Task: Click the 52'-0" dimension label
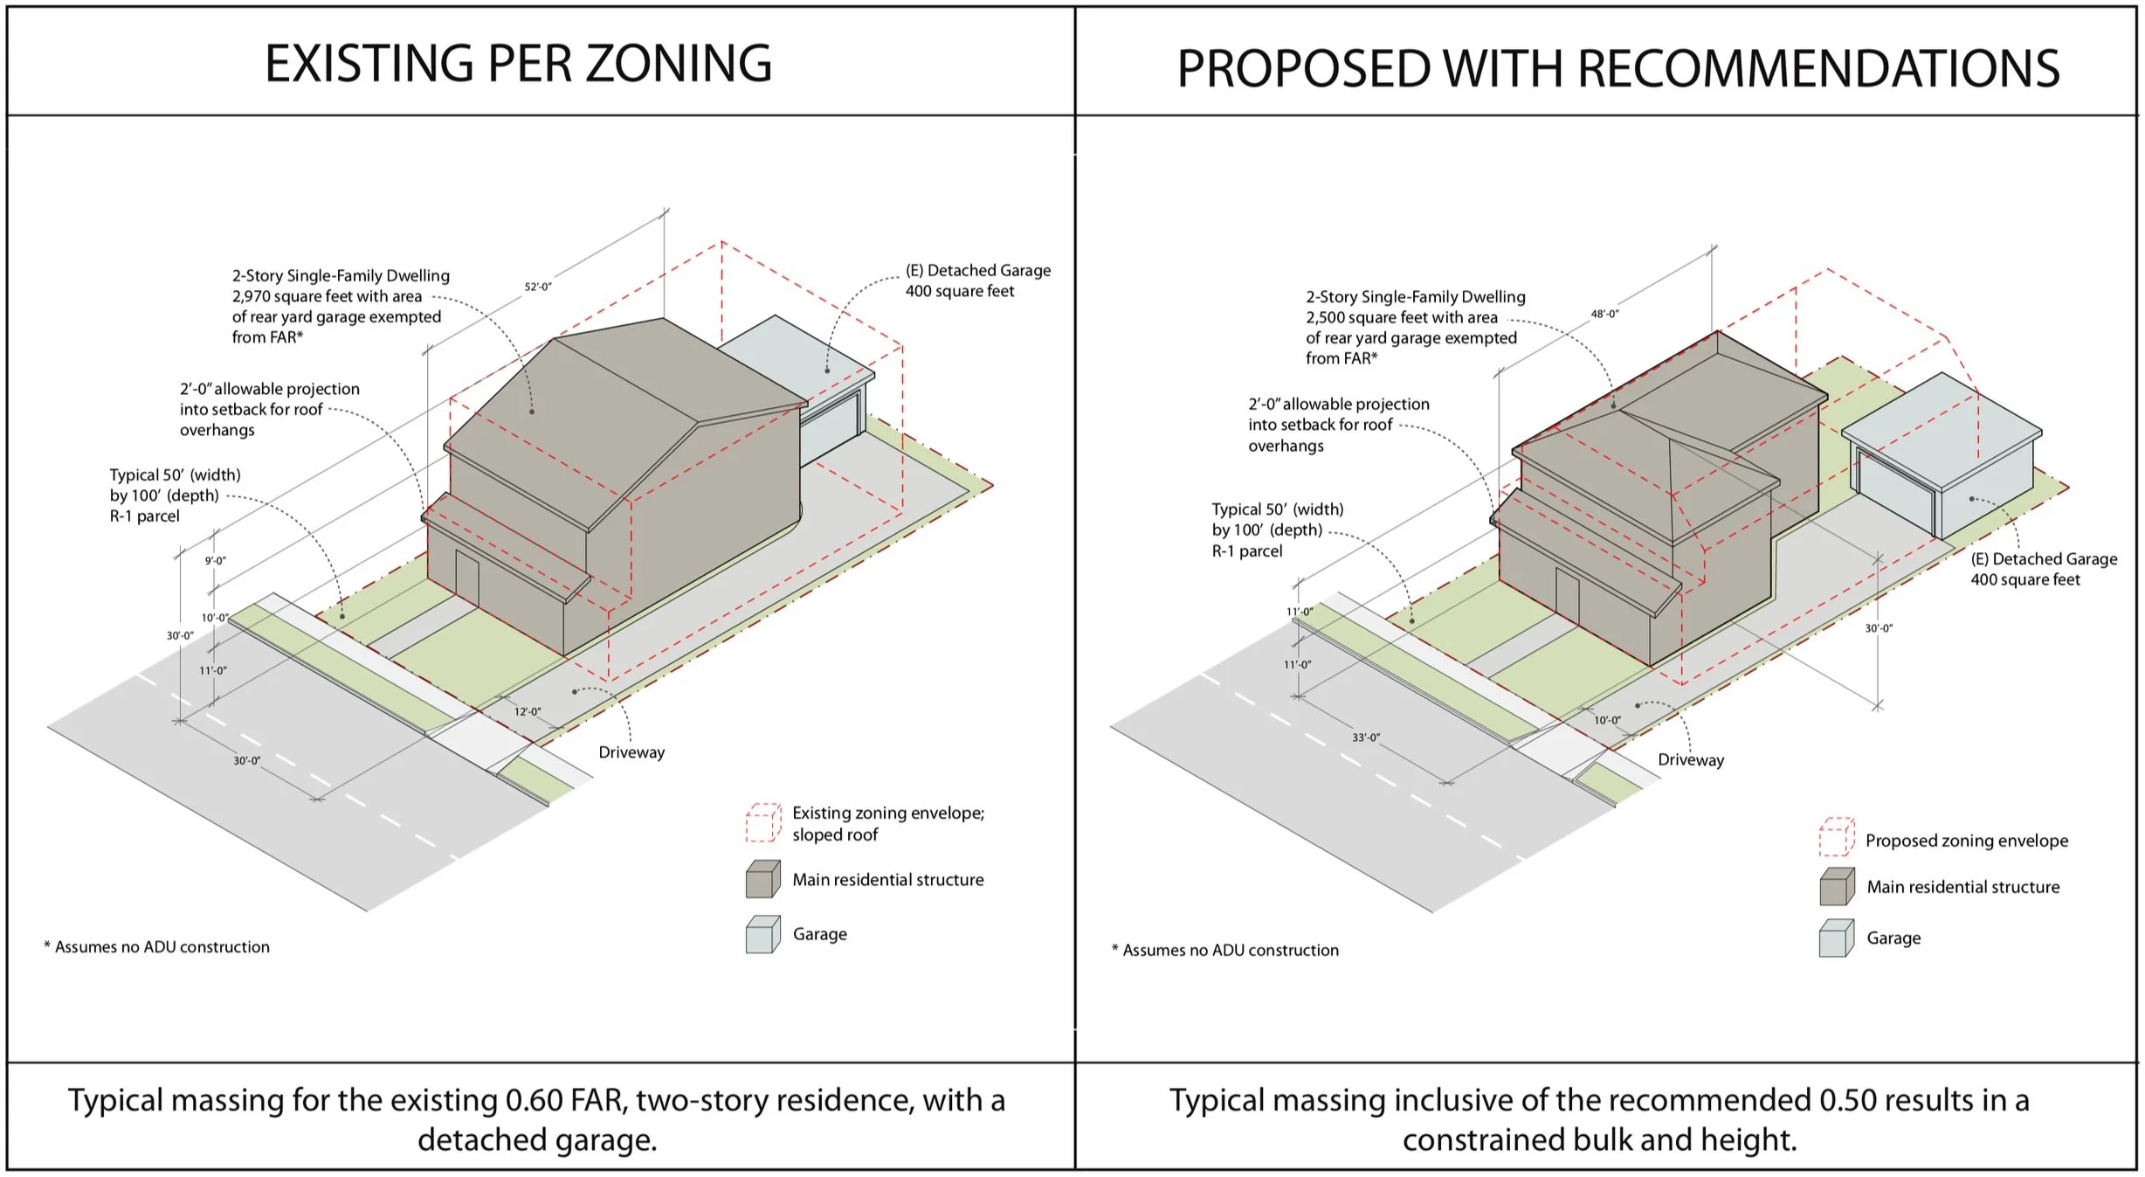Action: (x=538, y=287)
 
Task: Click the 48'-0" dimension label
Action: (x=1604, y=313)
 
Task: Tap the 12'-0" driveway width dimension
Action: (x=527, y=711)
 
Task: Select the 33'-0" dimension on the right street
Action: (x=1366, y=737)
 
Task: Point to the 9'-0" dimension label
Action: (x=216, y=560)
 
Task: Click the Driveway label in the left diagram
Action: (x=631, y=752)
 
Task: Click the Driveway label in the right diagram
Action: (x=1691, y=760)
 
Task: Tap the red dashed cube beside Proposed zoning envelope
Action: (x=1837, y=837)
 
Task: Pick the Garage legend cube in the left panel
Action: (x=762, y=934)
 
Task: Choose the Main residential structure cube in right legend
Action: (x=1837, y=887)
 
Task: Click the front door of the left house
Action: (x=467, y=578)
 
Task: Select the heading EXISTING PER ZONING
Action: (x=518, y=64)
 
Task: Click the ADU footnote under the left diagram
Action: (x=157, y=947)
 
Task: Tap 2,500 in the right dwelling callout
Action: (x=1325, y=317)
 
